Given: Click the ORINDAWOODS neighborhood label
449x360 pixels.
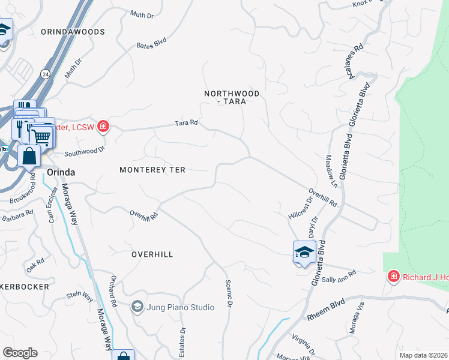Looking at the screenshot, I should (x=73, y=32).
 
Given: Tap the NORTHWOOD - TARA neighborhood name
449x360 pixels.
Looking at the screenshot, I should (x=232, y=98).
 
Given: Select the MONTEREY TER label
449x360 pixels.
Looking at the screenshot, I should (x=152, y=170).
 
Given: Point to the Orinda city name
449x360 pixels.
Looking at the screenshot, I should (x=61, y=172).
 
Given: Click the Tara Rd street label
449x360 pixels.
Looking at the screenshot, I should (x=186, y=123).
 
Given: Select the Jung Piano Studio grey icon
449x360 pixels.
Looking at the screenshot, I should (x=137, y=307).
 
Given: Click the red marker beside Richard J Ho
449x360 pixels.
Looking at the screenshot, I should (x=393, y=276).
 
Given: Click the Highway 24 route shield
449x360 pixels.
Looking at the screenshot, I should (x=45, y=73).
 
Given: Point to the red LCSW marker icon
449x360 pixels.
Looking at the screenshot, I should (x=103, y=126).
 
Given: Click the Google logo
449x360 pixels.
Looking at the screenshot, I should (x=20, y=353).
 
